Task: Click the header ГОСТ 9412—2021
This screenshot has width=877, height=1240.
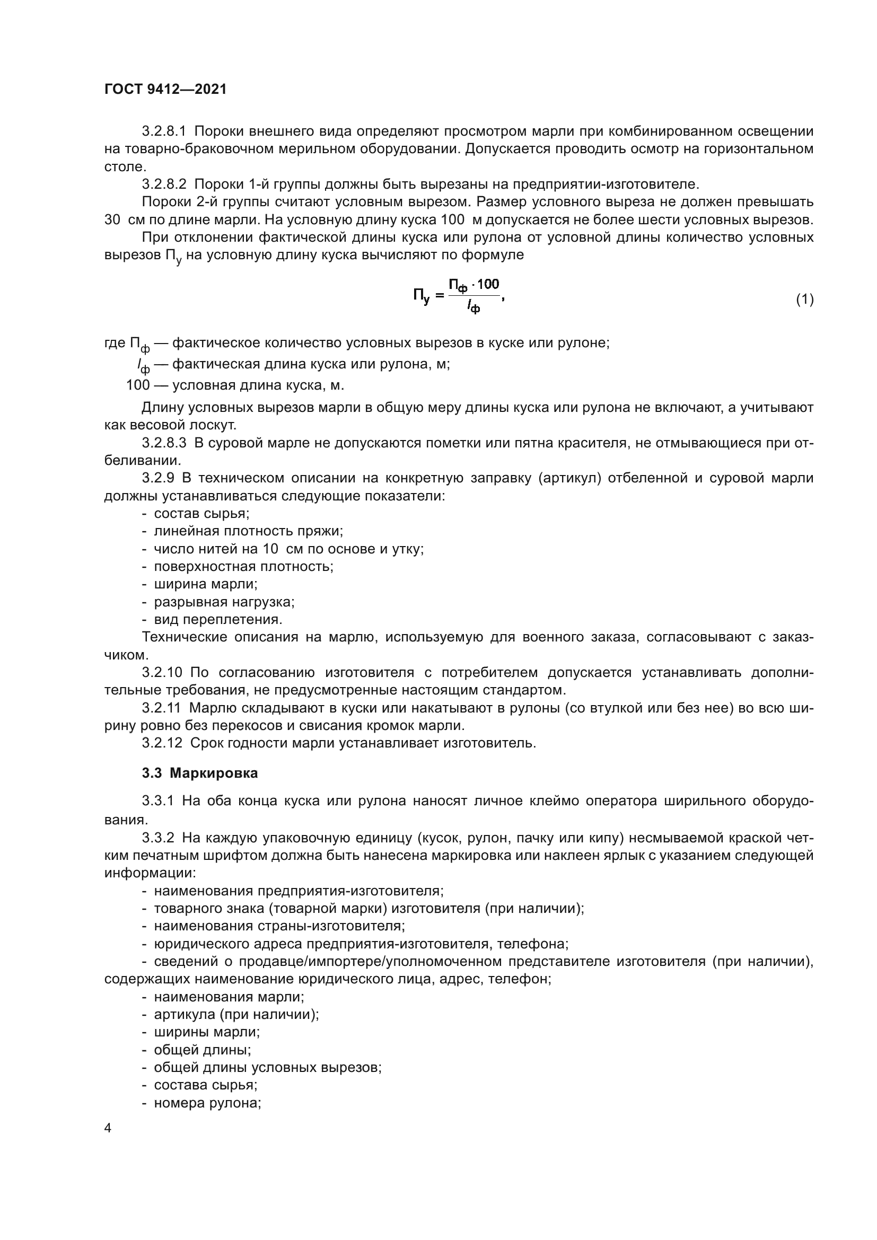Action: (165, 89)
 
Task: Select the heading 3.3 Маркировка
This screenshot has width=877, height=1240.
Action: (200, 773)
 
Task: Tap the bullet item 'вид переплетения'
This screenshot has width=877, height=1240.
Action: (218, 619)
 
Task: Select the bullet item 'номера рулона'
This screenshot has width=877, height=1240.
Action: (207, 1103)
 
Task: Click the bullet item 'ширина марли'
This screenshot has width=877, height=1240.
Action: (206, 584)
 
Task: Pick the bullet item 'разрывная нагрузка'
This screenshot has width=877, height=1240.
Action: (224, 602)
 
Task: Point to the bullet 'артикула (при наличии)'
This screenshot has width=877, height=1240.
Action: (236, 1014)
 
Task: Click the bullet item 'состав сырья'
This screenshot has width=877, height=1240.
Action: (201, 513)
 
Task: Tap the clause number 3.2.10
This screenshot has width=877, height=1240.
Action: (162, 672)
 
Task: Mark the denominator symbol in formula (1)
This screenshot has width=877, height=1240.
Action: (473, 308)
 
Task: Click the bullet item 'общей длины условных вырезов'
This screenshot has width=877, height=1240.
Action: (268, 1067)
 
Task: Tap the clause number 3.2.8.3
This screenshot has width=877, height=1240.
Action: (164, 443)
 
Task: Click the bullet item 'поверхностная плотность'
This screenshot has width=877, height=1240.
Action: (243, 566)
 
